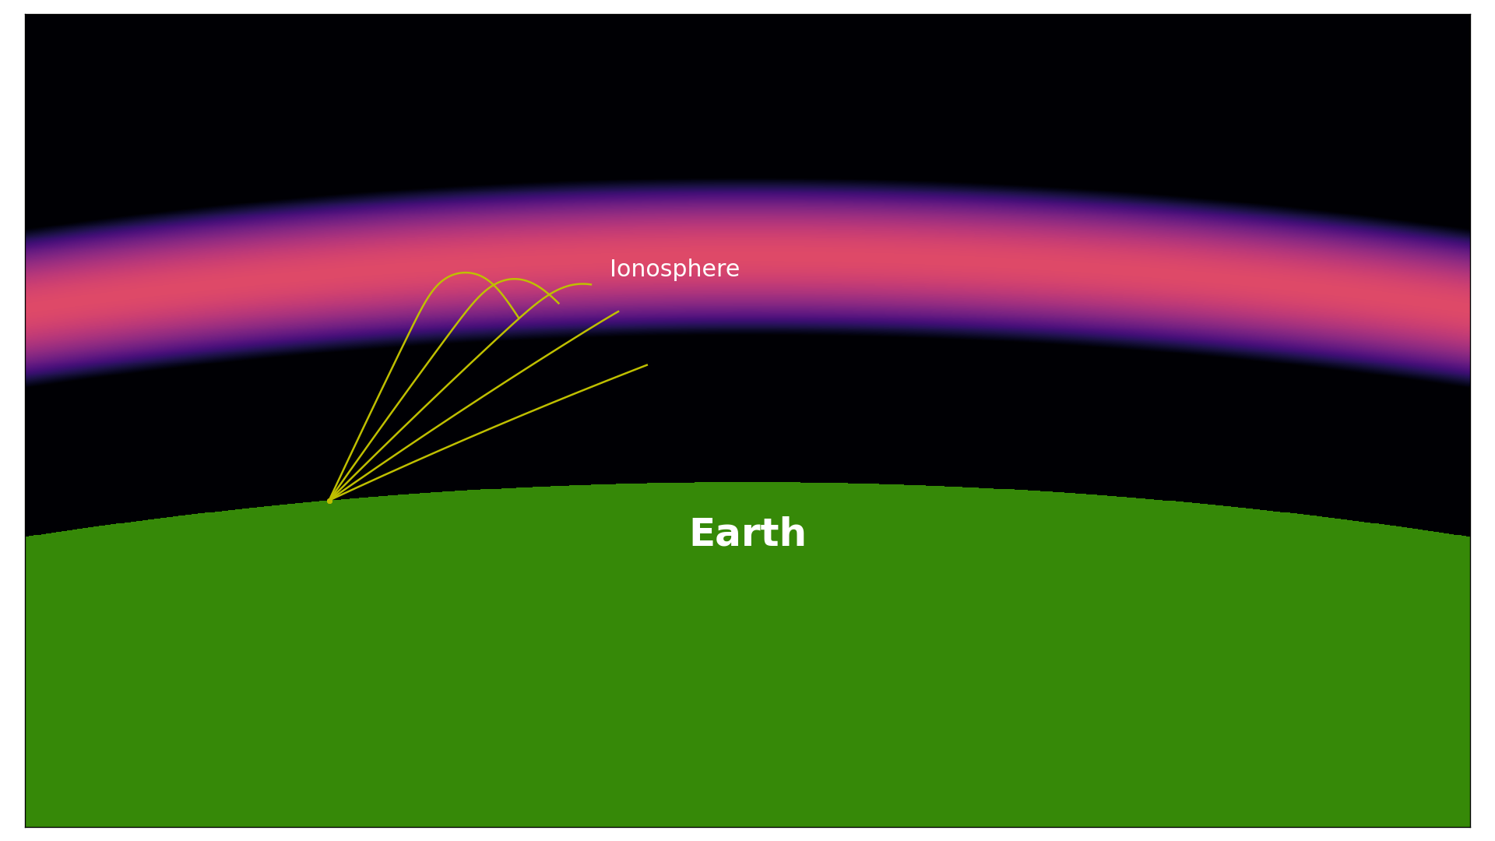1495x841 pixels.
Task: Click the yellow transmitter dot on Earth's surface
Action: (330, 501)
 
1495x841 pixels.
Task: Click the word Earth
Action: (747, 534)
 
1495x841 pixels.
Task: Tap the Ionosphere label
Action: (674, 269)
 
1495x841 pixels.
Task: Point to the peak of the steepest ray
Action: (465, 273)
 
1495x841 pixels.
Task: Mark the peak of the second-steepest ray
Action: (514, 279)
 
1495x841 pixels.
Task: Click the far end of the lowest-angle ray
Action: (647, 365)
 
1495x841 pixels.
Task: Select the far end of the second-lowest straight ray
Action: (619, 311)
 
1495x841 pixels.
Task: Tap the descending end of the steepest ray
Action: (519, 318)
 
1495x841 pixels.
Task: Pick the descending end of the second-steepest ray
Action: (559, 303)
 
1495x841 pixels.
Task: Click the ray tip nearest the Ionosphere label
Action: (591, 284)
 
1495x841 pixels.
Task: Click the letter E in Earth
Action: (702, 534)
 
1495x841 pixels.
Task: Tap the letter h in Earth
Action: (793, 533)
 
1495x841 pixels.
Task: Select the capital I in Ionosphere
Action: (613, 269)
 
